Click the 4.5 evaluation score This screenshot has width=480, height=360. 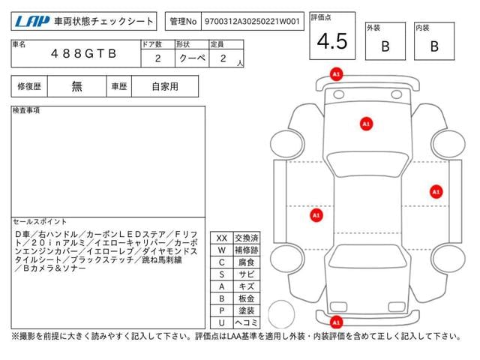331,41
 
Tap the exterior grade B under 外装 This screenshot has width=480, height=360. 385,46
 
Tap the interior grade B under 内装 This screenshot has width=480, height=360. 433,46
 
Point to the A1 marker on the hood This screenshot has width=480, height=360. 366,123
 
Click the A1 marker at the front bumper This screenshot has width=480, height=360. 336,74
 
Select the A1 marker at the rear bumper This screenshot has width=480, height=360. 336,322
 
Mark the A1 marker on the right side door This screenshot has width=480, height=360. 436,191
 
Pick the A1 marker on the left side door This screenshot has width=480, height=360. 316,215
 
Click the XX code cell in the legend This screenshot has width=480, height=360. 221,238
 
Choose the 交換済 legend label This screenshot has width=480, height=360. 246,238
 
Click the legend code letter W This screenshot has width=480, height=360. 221,250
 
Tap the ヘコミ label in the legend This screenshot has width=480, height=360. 246,322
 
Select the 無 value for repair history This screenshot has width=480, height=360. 76,86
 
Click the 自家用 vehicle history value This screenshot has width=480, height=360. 165,86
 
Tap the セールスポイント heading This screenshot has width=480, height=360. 40,222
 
